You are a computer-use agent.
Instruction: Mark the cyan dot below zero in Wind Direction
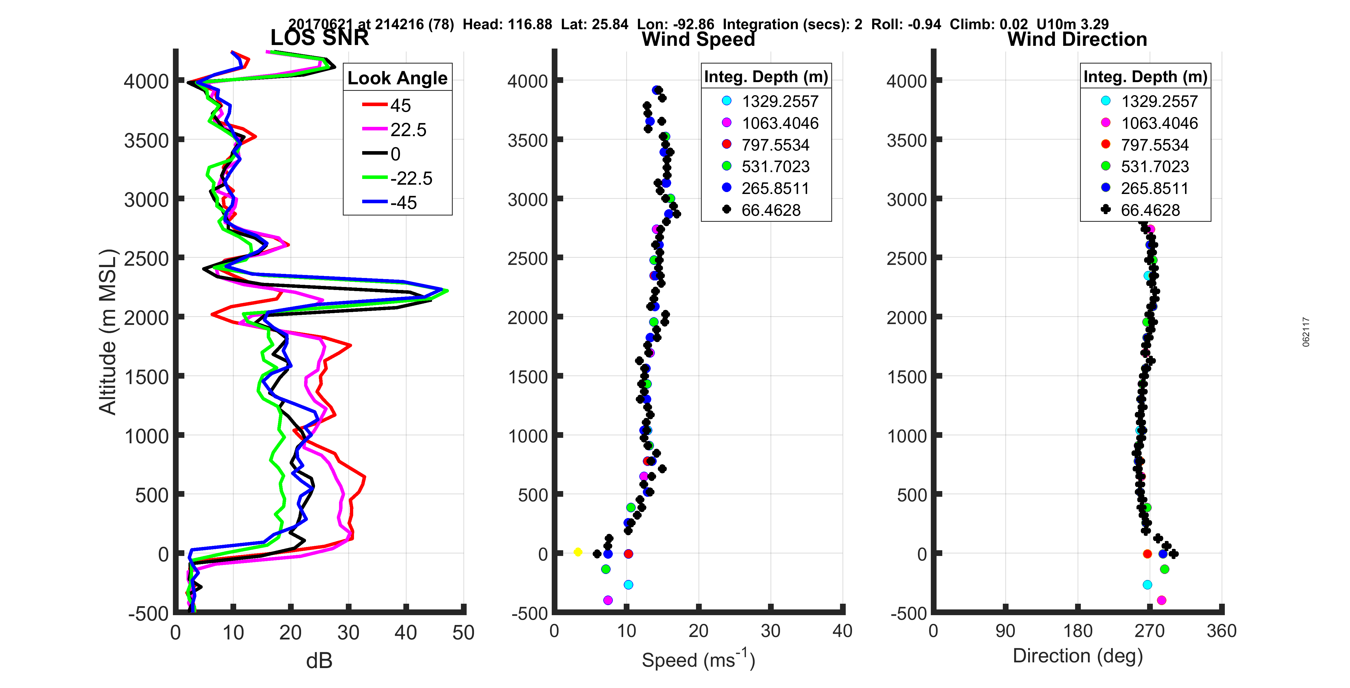1147,584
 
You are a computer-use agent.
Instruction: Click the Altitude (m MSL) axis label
108,332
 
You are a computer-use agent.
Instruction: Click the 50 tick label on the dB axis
463,632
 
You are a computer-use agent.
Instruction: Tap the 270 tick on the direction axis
1149,631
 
